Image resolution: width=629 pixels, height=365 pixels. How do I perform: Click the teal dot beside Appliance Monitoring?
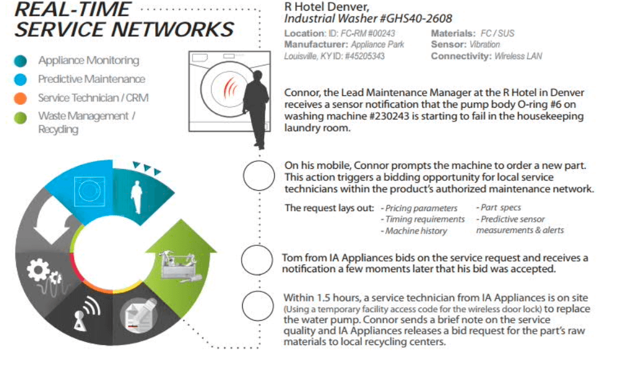pos(21,61)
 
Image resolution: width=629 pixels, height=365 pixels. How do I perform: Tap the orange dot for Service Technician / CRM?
pos(21,98)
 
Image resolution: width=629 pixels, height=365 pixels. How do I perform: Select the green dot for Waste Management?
pos(21,117)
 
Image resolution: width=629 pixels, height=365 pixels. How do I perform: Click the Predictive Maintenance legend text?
pos(92,79)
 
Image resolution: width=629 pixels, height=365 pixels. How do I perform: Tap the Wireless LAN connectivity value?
pos(518,56)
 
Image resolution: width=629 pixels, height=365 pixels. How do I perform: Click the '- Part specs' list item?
pos(498,207)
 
